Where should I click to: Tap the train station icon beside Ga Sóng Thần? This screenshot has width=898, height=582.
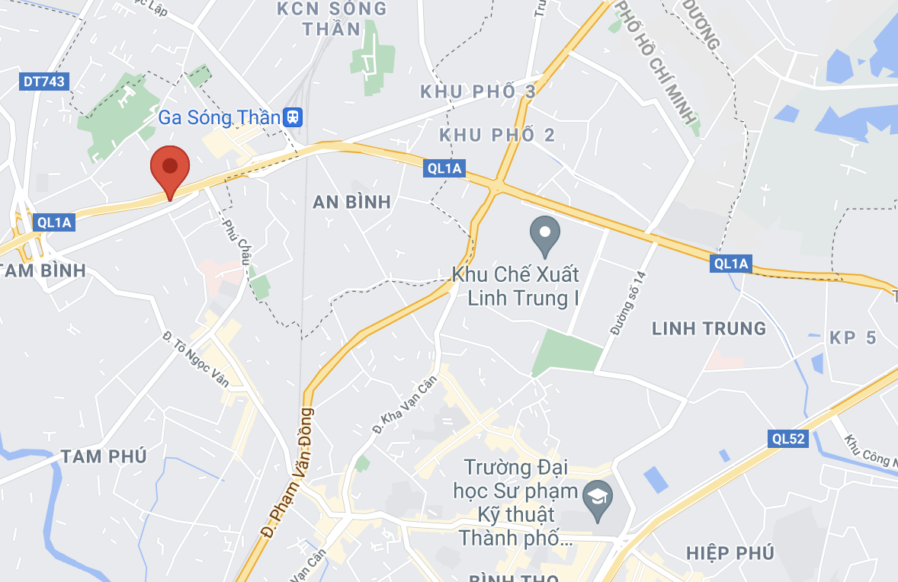[293, 117]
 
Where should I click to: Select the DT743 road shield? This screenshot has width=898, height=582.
[44, 82]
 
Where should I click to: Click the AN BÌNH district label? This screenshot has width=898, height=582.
[352, 202]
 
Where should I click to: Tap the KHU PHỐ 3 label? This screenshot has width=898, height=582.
[478, 92]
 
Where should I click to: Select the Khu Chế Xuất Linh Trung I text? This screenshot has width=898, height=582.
[516, 286]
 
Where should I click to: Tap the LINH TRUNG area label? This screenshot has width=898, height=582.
[709, 328]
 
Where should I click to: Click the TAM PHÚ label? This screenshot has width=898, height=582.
[104, 456]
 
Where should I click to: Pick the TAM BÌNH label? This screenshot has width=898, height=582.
[43, 270]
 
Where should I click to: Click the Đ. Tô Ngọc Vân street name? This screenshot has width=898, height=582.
[196, 360]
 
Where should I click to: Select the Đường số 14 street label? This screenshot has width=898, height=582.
[627, 302]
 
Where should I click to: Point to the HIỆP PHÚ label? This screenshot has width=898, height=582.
[730, 552]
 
